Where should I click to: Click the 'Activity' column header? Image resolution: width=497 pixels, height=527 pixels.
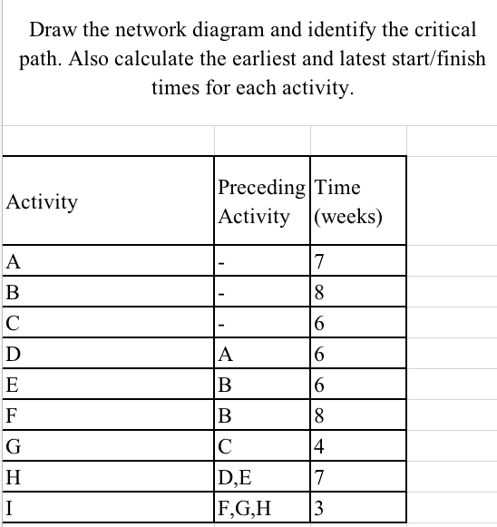coord(42,201)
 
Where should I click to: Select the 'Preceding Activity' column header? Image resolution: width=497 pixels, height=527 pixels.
coord(261,201)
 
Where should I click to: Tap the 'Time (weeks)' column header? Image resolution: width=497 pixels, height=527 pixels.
coord(348,201)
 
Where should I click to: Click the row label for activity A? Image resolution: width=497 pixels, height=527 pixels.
coord(12,263)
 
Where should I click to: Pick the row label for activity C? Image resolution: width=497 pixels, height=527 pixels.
coord(12,323)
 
